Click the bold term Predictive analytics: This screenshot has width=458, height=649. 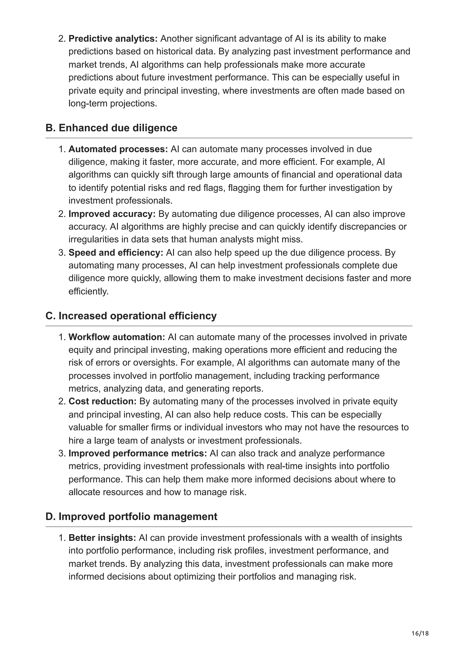(x=113, y=39)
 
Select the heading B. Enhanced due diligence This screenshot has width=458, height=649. (x=111, y=128)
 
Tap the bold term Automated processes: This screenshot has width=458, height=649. (x=118, y=149)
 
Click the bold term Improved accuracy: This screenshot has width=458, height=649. (x=112, y=214)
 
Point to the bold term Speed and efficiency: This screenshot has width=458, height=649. (x=116, y=252)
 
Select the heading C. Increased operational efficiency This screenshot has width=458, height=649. (x=131, y=316)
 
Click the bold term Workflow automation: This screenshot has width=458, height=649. (x=117, y=337)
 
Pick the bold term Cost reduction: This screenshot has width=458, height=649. (x=102, y=401)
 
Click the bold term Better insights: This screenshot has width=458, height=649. (x=102, y=538)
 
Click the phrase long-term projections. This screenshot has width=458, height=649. (x=112, y=103)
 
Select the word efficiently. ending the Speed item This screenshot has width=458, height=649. (x=88, y=291)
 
